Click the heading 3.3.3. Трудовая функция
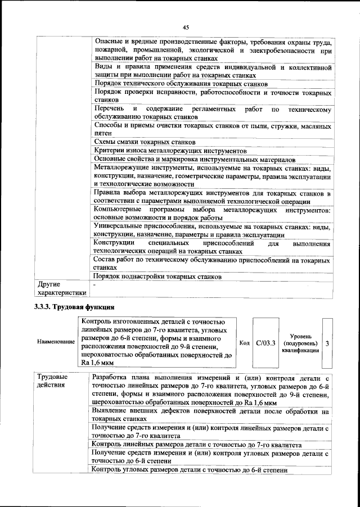(x=73, y=307)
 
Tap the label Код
(x=244, y=342)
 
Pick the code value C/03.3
(x=265, y=342)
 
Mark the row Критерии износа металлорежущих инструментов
(x=170, y=151)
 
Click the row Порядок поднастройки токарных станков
(x=157, y=277)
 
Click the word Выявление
(x=112, y=411)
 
